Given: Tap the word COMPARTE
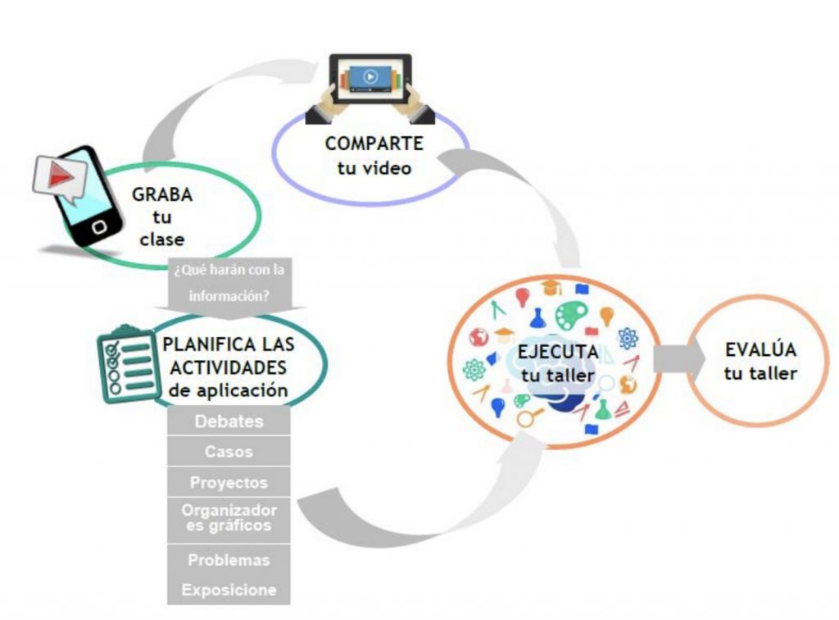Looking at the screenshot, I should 374,144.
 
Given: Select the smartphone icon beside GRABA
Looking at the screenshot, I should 81,196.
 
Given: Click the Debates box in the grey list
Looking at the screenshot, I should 229,422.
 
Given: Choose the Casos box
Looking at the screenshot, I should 229,451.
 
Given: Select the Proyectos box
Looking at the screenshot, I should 229,481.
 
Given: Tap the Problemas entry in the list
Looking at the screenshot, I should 229,561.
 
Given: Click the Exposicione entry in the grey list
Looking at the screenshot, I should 229,590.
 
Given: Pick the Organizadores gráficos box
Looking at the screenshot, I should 229,518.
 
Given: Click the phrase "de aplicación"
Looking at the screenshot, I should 229,390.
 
